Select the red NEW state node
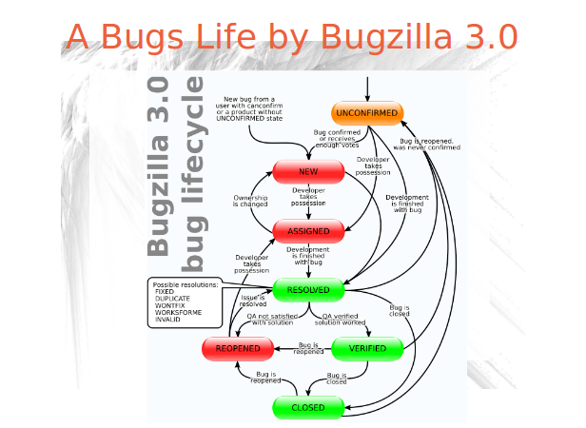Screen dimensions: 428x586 [x=307, y=171]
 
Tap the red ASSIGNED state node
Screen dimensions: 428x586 [x=307, y=230]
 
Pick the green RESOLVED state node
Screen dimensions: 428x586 [x=307, y=289]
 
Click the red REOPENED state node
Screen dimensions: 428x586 [x=238, y=349]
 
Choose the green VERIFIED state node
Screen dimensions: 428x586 [x=367, y=349]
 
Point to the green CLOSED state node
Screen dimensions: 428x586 [x=307, y=407]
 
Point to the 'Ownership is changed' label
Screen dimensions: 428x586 [x=251, y=200]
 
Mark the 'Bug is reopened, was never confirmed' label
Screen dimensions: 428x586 [x=426, y=144]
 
